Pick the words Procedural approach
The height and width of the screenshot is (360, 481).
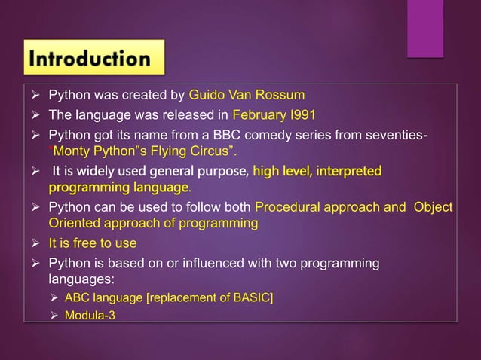(311, 208)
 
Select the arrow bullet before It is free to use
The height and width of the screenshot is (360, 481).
(35, 243)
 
